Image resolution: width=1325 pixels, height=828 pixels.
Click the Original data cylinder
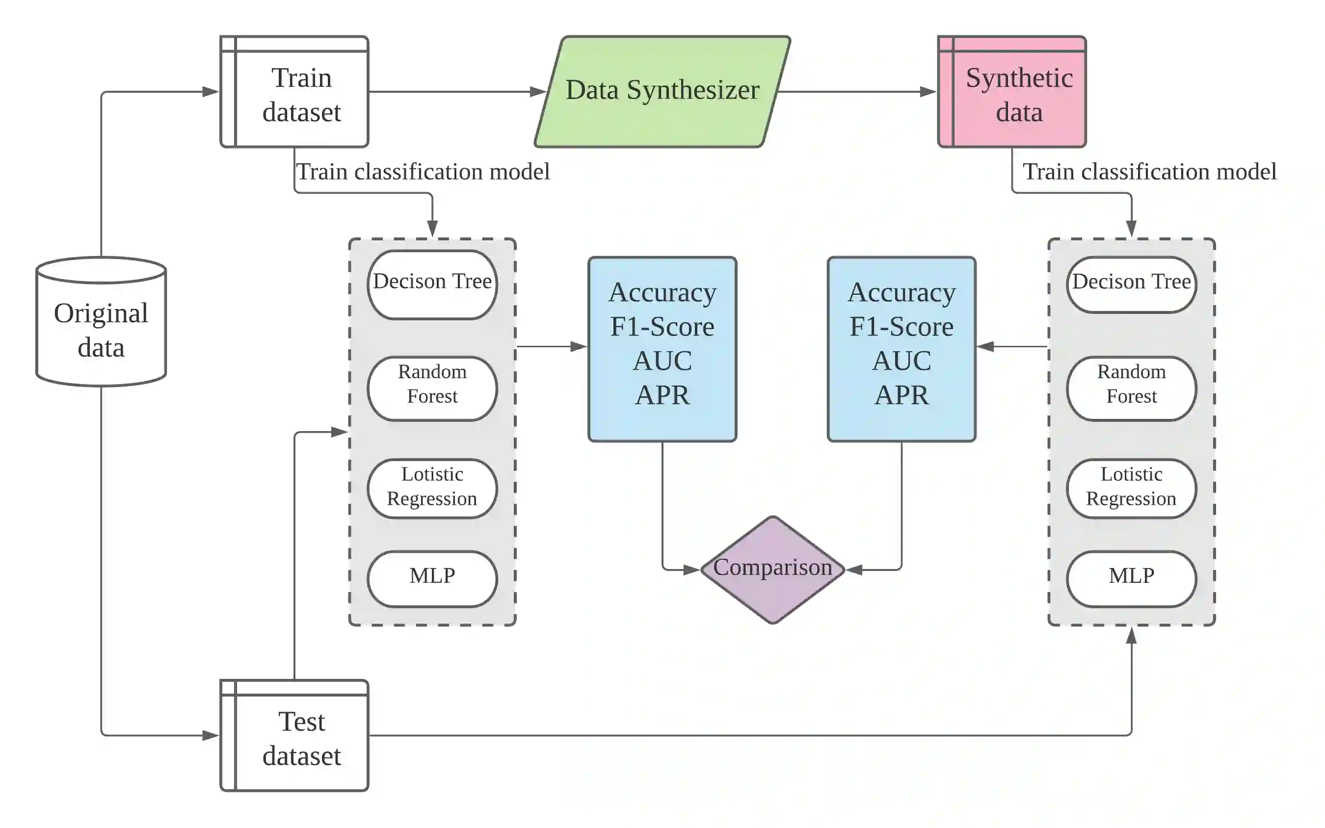101,321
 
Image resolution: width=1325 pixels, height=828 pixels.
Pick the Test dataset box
294,735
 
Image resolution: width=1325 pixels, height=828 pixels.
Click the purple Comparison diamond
773,569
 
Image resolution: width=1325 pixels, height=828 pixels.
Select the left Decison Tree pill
432,285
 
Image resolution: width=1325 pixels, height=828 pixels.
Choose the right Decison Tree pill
1132,285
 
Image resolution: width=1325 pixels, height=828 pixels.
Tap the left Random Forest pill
432,389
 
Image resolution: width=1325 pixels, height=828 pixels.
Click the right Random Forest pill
1132,389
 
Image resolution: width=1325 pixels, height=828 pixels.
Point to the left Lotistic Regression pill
432,489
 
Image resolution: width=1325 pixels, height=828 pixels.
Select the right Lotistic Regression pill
1132,489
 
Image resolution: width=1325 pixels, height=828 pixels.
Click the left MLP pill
432,579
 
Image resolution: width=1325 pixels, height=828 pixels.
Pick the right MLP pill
1132,579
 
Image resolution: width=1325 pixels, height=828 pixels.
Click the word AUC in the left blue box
662,361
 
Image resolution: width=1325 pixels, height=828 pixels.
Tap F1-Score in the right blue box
901,327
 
